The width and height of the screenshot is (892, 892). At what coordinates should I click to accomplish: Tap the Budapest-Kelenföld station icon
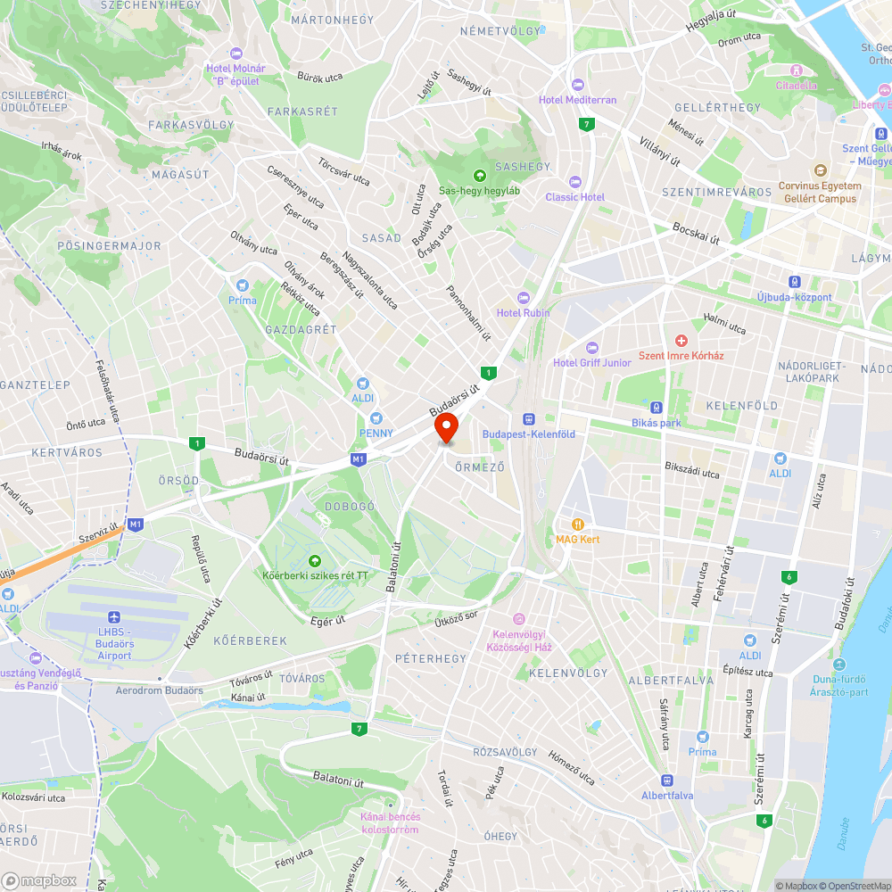point(528,418)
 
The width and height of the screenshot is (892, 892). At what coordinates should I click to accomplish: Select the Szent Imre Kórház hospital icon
point(681,341)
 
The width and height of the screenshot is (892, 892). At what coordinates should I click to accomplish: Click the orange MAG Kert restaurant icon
point(578,524)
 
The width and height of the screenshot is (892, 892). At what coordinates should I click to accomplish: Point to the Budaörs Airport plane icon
point(113,617)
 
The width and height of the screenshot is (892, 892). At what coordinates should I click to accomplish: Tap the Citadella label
point(796,86)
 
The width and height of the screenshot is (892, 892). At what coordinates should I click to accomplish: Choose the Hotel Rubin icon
point(524,297)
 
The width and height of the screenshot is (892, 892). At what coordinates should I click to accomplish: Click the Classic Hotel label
point(574,197)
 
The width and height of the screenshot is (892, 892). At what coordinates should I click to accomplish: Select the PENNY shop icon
point(376,417)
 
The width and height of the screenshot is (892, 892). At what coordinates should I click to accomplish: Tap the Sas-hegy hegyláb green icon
point(480,175)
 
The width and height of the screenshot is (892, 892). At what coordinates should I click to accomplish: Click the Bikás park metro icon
point(657,407)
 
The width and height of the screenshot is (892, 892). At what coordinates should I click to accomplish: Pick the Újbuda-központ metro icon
point(794,281)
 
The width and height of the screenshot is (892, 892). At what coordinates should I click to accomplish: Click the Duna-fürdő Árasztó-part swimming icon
point(838,665)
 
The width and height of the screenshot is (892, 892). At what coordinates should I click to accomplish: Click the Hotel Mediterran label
point(577,100)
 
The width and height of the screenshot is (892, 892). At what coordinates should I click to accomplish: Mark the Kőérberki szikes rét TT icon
point(314,560)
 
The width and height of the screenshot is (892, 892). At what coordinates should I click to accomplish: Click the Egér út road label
point(327,621)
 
